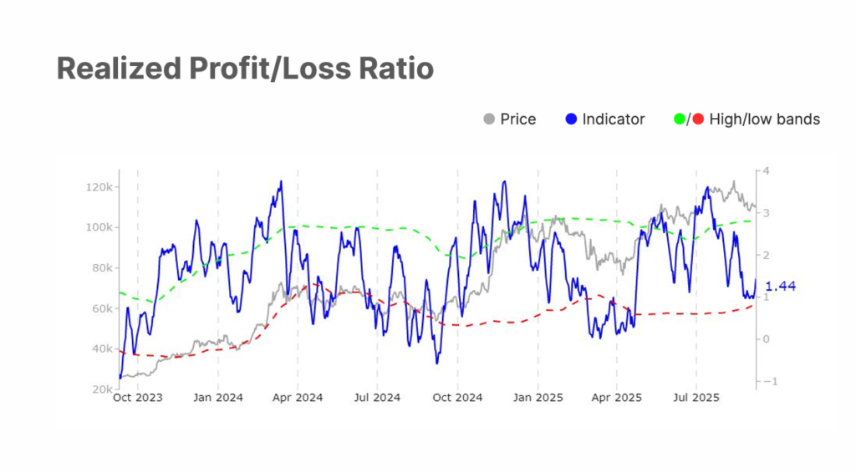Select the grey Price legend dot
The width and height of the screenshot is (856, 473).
click(489, 120)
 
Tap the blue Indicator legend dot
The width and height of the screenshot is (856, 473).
click(571, 120)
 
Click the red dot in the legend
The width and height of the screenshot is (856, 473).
click(698, 120)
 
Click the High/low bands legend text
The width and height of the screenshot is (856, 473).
click(764, 120)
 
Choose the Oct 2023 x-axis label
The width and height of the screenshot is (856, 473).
click(138, 399)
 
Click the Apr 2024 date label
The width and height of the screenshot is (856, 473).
click(298, 399)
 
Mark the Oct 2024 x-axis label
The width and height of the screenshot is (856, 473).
click(457, 399)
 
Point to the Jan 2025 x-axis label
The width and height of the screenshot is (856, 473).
click(538, 399)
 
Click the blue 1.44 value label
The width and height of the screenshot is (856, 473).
click(780, 287)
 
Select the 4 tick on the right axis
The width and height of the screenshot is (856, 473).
click(765, 171)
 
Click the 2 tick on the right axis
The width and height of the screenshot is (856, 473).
click(765, 256)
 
